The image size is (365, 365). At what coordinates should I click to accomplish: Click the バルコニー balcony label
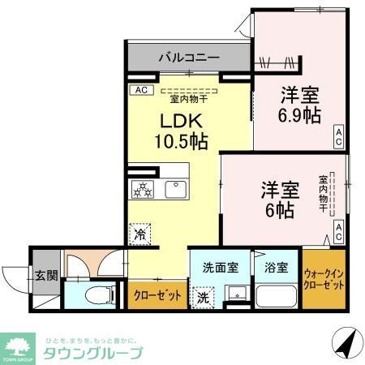[188, 58]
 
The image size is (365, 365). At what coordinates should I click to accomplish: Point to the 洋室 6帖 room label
[280, 200]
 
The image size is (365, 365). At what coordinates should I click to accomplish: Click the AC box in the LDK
[140, 90]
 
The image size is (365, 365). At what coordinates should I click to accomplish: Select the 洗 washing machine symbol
[203, 297]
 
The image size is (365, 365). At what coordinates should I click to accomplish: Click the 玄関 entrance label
[45, 275]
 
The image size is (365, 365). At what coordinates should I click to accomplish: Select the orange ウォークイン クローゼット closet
[323, 281]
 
